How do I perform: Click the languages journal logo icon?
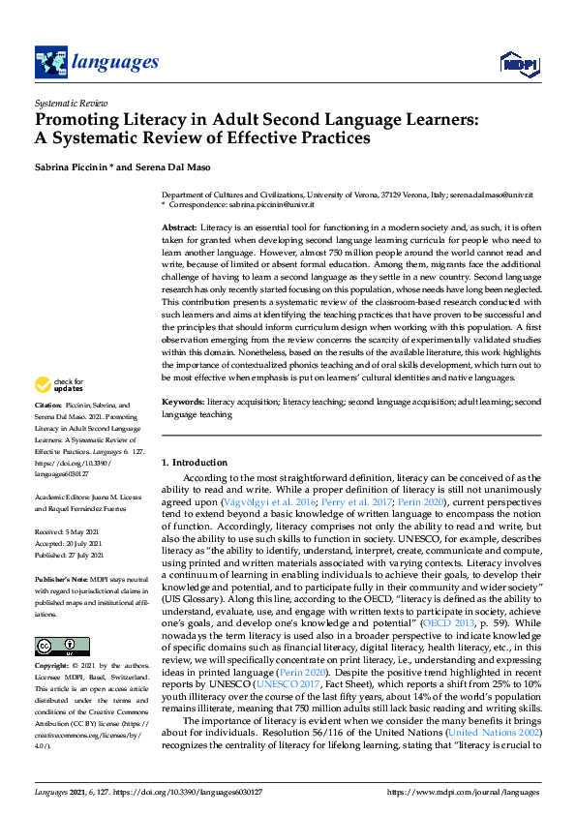coord(49,62)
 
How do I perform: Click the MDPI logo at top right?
coord(515,64)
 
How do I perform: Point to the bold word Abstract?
coord(179,226)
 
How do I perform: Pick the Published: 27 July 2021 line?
coord(70,557)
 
